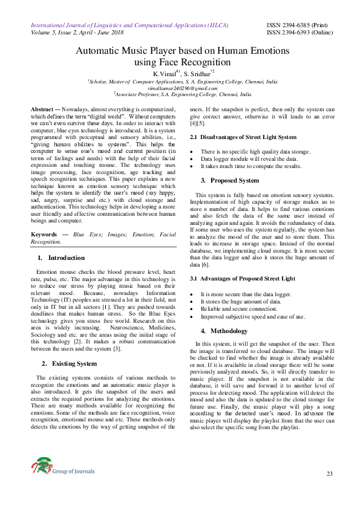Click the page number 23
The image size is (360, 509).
[x=330, y=473]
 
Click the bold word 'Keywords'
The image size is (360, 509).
[x=45, y=233]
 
